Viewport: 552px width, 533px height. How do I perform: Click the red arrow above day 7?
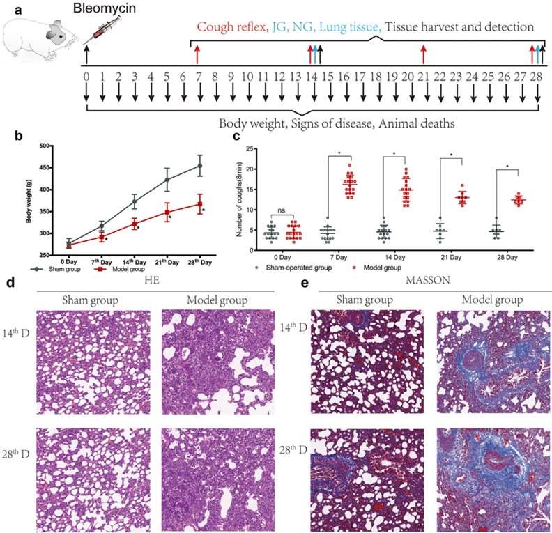click(198, 54)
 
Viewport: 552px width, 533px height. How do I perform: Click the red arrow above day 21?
click(423, 54)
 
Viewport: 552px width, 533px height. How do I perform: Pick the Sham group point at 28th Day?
click(200, 166)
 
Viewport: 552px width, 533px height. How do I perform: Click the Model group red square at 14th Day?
click(135, 224)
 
